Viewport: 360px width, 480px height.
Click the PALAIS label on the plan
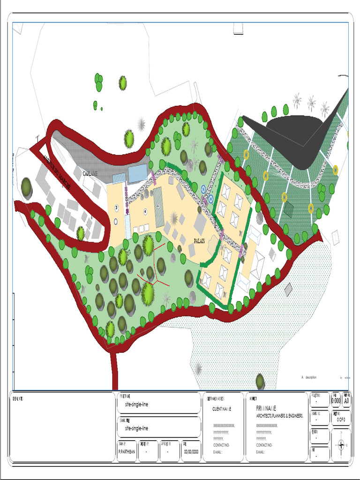[202, 241]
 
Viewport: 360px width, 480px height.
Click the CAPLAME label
[90, 173]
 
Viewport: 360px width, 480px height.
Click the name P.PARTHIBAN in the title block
[127, 452]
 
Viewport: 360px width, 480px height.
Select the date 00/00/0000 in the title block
[191, 452]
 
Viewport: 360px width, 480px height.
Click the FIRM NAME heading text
[263, 408]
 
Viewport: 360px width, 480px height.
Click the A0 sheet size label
[346, 401]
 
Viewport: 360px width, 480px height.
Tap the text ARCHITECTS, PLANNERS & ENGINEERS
[280, 416]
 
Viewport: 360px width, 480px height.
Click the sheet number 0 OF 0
[341, 420]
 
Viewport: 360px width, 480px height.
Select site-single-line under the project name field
[136, 404]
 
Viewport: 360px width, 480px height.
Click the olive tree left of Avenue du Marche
[27, 187]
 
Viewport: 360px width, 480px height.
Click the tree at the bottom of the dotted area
[260, 381]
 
